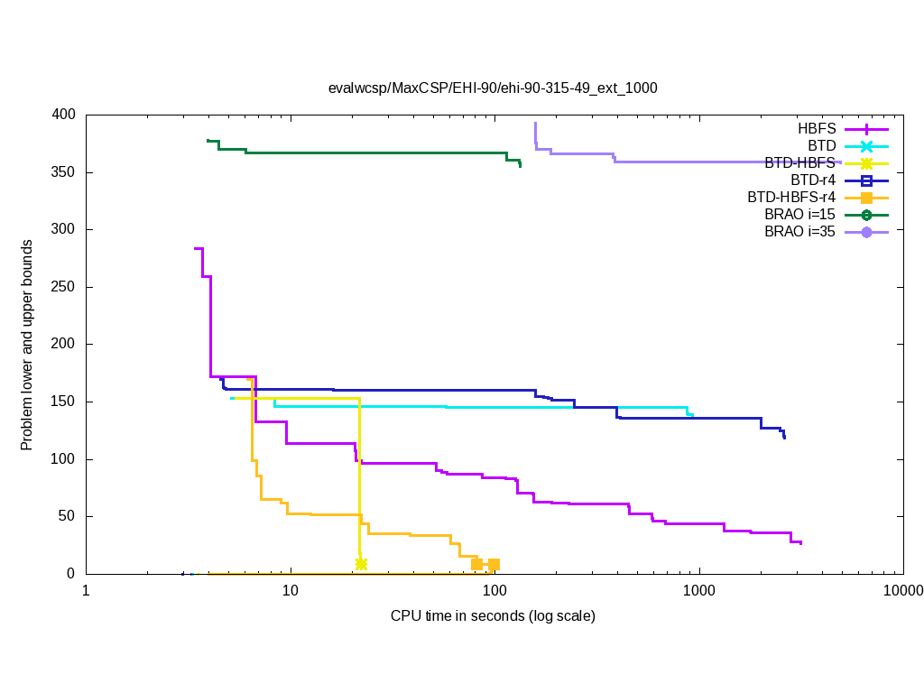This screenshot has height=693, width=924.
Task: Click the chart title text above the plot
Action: [x=493, y=88]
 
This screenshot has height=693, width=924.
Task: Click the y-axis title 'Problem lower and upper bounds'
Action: [x=27, y=346]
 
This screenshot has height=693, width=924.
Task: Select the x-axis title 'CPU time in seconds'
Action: [x=493, y=616]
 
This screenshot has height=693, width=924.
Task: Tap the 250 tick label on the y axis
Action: [x=65, y=287]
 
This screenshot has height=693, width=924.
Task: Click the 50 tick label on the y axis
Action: [x=69, y=516]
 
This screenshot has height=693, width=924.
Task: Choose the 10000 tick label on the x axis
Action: [x=902, y=591]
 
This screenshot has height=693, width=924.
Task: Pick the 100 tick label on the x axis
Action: [x=494, y=591]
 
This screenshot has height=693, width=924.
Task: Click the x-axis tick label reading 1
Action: [x=86, y=591]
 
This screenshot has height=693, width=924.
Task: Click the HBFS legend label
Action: [x=817, y=129]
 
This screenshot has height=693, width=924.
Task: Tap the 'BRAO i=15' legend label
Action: [x=799, y=215]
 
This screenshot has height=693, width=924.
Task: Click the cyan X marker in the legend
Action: [x=866, y=146]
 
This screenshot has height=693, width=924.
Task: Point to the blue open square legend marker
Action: [x=866, y=180]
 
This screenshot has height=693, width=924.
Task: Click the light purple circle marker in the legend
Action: [x=866, y=232]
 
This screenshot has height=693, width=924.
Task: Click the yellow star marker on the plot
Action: [x=361, y=564]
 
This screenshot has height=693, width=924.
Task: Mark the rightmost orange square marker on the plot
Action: [x=494, y=565]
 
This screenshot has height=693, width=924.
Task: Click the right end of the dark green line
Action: [x=520, y=166]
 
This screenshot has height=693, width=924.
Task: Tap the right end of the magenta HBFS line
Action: [x=800, y=543]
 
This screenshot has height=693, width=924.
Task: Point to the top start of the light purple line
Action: [x=535, y=124]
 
